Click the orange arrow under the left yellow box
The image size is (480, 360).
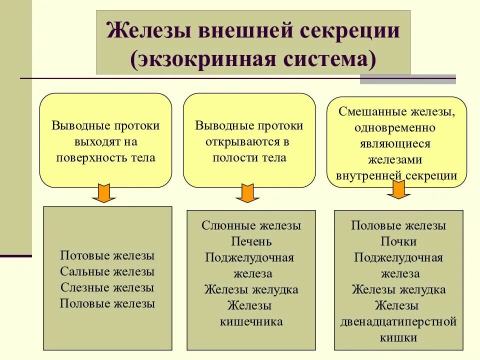[x=104, y=193]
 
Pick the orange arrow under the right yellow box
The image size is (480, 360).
[x=398, y=189]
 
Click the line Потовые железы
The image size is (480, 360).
[x=107, y=255]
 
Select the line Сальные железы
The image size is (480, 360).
[x=107, y=271]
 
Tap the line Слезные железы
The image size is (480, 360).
[x=107, y=287]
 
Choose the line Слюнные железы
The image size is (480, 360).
[x=251, y=225]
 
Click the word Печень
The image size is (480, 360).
[x=251, y=241]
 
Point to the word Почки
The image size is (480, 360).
[x=398, y=241]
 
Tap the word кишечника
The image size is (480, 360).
[x=251, y=321]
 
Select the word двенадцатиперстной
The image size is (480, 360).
[x=398, y=321]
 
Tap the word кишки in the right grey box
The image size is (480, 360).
[x=398, y=337]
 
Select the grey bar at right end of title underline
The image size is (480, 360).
[x=408, y=79]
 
